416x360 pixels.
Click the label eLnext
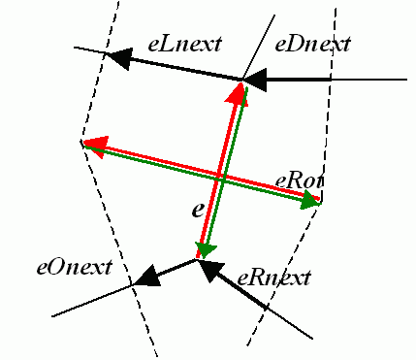(184, 44)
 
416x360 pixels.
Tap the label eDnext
(312, 44)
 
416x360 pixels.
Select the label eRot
(300, 181)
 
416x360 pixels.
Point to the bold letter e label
(198, 211)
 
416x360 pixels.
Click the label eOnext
(74, 267)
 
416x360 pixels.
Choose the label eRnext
(273, 278)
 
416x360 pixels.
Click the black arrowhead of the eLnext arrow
(119, 58)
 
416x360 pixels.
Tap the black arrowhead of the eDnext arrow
(255, 80)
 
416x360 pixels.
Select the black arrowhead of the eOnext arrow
(147, 277)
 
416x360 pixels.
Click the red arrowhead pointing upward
(238, 94)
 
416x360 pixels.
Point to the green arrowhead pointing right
(310, 201)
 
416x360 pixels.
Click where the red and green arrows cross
(221, 178)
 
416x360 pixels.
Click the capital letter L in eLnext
(170, 44)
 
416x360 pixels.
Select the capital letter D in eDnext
(298, 44)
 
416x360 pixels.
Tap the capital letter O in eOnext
(58, 267)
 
